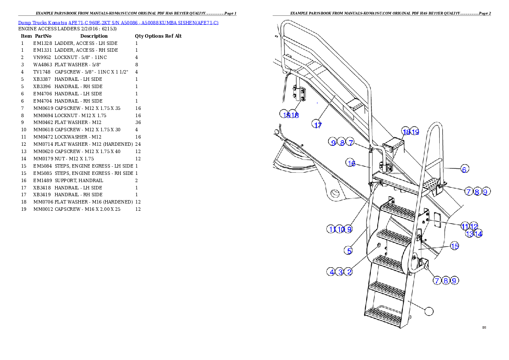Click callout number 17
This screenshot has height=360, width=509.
(318, 125)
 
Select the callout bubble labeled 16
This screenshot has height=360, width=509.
(351, 163)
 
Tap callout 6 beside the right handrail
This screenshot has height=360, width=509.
(464, 169)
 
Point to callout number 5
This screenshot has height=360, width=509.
(349, 251)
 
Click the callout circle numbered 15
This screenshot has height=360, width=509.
(454, 246)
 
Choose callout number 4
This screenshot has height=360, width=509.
(331, 271)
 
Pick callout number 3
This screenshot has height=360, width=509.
(340, 271)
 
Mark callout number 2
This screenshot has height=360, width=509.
(349, 271)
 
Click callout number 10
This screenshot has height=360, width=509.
(340, 229)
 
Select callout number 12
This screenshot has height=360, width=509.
(474, 226)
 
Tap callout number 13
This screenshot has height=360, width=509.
(470, 234)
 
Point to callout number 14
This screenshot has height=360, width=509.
(478, 234)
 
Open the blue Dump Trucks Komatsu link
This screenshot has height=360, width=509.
(118, 22)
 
